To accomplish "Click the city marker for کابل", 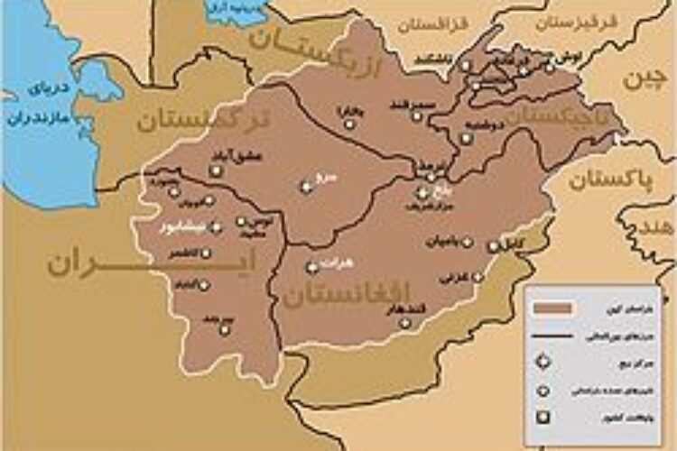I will pyautogui.click(x=493, y=246).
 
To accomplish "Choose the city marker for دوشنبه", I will pyautogui.click(x=467, y=139).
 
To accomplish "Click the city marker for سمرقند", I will pyautogui.click(x=417, y=116).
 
